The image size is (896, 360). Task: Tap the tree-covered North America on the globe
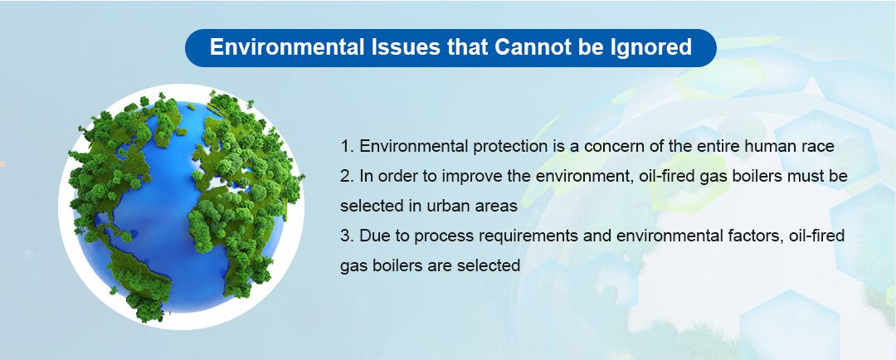(x=124, y=158)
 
